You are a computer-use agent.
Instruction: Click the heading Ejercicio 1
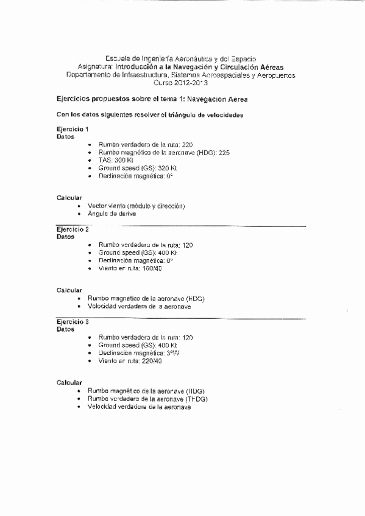pos(73,130)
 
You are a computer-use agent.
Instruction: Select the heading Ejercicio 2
pos(73,229)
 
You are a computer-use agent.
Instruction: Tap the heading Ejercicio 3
pos(73,321)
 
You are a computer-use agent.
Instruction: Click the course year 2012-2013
pos(180,83)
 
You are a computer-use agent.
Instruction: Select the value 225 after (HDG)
pos(224,152)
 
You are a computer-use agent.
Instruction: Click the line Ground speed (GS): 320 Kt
pos(137,168)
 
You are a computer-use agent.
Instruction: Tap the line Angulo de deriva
pos(112,214)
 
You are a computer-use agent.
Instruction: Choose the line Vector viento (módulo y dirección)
pos(136,206)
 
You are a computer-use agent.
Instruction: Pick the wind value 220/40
pos(151,361)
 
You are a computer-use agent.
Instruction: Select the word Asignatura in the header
pos(95,67)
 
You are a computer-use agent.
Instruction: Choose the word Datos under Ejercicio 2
pos(65,237)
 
